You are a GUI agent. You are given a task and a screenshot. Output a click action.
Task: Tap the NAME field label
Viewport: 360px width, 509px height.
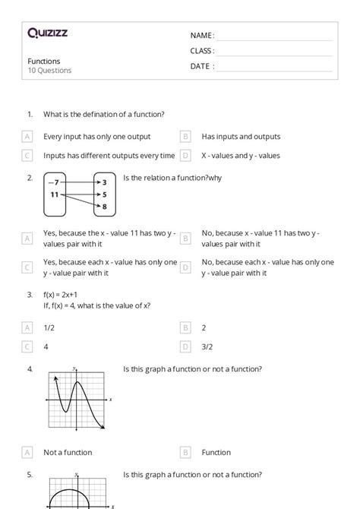[202, 36]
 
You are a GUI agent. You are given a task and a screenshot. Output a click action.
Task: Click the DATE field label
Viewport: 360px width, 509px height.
[202, 66]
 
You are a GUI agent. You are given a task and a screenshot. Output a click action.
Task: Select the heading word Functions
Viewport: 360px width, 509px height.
[44, 61]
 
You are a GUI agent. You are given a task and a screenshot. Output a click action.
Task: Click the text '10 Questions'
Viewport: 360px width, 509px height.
[50, 71]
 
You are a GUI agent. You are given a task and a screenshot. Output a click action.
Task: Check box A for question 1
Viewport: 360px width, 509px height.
[28, 137]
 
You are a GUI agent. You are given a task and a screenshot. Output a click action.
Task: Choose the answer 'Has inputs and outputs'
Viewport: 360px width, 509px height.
[241, 137]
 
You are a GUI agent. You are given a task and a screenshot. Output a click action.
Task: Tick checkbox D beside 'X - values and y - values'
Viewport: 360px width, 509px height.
[185, 156]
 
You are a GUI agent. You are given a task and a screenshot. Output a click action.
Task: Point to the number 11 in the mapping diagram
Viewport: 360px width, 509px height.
[54, 194]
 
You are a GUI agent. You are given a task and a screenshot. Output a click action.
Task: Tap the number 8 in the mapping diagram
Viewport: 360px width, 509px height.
[104, 207]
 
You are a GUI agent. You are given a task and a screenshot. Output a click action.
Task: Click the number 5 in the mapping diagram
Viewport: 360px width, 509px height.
[104, 194]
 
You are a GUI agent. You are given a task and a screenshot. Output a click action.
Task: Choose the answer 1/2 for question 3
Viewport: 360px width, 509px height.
[49, 328]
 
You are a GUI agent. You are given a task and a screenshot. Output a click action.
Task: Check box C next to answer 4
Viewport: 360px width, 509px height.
[28, 346]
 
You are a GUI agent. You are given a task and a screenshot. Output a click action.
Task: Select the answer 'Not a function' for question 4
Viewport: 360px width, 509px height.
[68, 452]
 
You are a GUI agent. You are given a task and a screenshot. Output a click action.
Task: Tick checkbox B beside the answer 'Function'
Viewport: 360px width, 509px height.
[185, 452]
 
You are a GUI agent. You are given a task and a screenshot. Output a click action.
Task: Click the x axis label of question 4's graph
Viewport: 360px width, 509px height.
[111, 400]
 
